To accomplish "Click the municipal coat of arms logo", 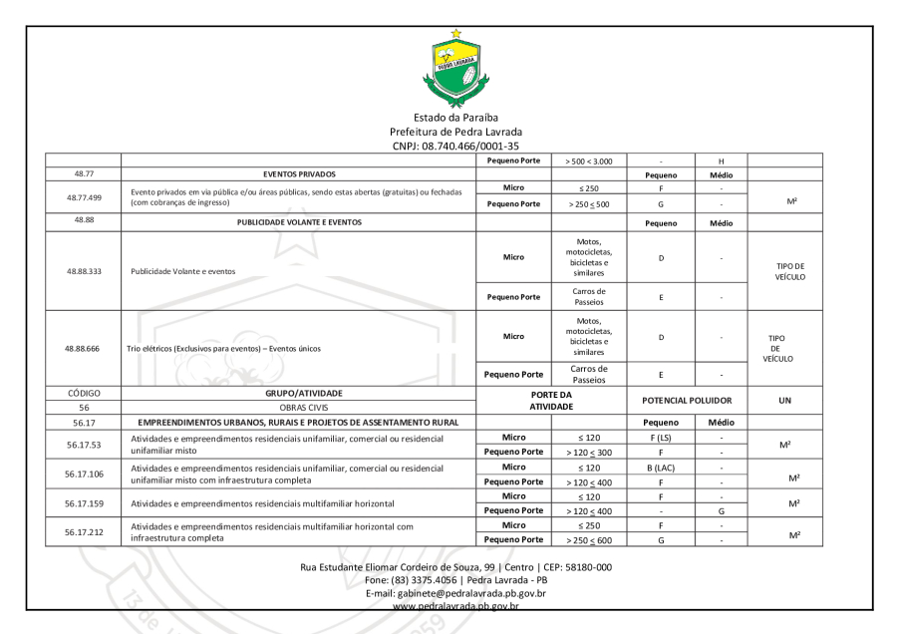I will tap(456, 69).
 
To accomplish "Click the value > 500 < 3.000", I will tap(587, 159).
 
